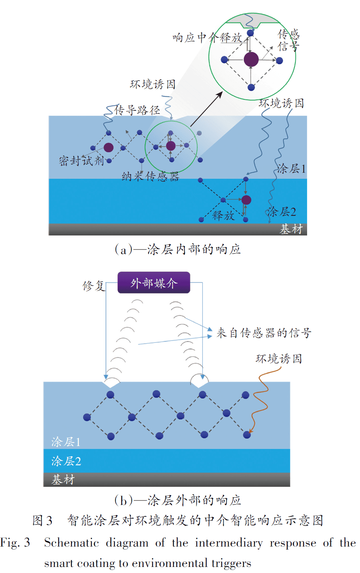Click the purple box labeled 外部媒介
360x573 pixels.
click(154, 282)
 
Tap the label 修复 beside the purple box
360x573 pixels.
click(94, 286)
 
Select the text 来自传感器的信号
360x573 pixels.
click(264, 333)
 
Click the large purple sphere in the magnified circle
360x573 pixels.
click(251, 59)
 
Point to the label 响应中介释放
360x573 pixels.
click(207, 38)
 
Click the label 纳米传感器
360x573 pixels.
click(150, 176)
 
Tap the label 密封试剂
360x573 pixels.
click(81, 161)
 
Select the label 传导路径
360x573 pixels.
click(137, 110)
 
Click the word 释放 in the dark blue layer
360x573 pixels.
click(223, 215)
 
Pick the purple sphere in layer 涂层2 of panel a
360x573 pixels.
click(246, 200)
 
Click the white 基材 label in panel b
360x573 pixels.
click(63, 479)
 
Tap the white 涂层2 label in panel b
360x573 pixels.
click(66, 461)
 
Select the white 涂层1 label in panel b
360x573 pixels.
click(66, 442)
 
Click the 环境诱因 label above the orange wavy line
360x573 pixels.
click(279, 359)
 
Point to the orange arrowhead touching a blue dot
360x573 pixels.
click(250, 431)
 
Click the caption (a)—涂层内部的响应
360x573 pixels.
click(178, 249)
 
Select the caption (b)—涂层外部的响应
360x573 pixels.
click(178, 500)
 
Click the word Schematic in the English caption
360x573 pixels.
click(71, 542)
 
